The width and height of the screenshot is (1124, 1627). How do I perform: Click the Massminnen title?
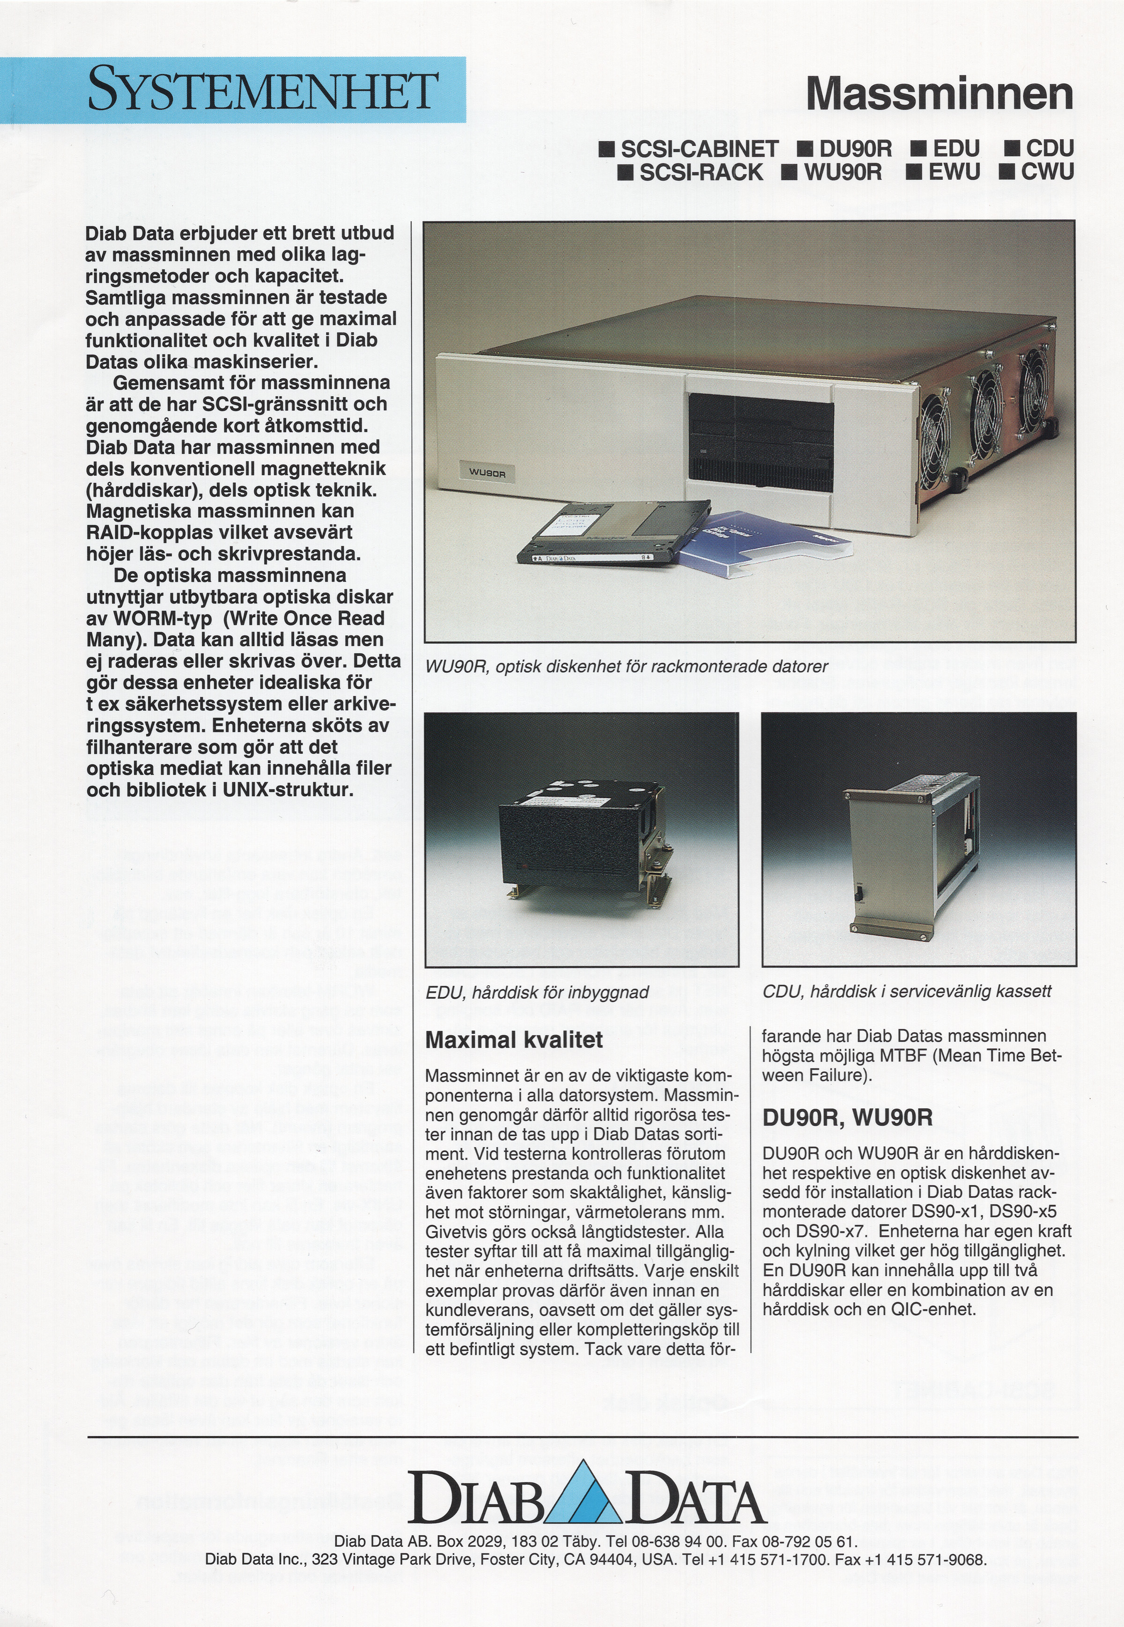(939, 94)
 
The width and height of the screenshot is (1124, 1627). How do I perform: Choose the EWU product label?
(945, 172)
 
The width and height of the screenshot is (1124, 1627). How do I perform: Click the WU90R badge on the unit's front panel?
(488, 474)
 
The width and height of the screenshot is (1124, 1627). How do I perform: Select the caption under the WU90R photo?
(627, 666)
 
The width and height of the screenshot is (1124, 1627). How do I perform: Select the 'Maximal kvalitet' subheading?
(514, 1040)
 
